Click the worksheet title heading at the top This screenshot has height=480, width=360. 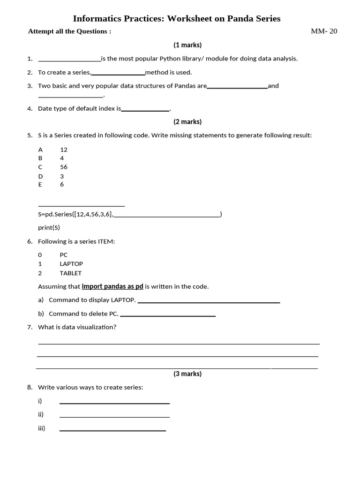point(177,19)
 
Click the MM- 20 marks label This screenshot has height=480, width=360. point(324,31)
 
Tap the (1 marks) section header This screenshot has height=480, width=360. point(187,45)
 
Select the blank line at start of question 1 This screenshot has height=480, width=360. point(69,60)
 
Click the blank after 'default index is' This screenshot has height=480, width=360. point(145,110)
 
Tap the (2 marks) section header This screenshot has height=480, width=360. point(187,122)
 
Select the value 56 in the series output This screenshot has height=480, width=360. point(64,167)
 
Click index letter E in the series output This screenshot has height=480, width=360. point(40,185)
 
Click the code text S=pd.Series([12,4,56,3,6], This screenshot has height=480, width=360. point(75,215)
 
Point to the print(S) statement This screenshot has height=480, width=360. point(49,228)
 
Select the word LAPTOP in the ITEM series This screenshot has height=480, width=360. point(71,264)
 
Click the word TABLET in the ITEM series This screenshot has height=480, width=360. point(71,273)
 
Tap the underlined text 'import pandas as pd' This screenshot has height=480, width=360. point(112,286)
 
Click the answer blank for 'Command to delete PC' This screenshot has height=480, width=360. point(168,315)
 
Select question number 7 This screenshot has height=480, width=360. point(30,327)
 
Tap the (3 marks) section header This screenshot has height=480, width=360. point(187,374)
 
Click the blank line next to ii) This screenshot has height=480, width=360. point(114,416)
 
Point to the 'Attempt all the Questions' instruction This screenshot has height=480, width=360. point(69,31)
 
